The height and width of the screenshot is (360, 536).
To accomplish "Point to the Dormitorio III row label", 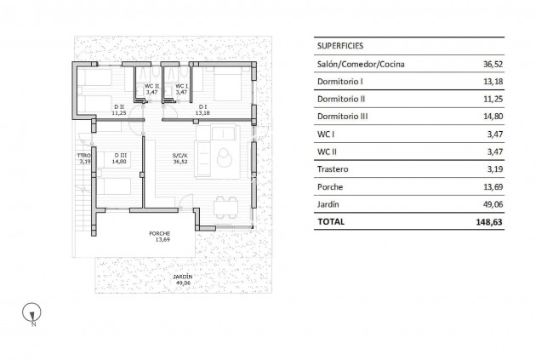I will pyautogui.click(x=344, y=117).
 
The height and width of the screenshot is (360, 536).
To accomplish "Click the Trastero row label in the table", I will pyautogui.click(x=334, y=169).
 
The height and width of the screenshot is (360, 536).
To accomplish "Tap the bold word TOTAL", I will pyautogui.click(x=331, y=222).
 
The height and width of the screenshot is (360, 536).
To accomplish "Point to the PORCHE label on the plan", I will pyautogui.click(x=159, y=234).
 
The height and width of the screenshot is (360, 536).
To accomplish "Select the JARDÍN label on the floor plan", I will pyautogui.click(x=182, y=277).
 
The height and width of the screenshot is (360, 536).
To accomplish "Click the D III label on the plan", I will pyautogui.click(x=119, y=155).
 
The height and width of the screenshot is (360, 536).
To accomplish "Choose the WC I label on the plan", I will pyautogui.click(x=181, y=86).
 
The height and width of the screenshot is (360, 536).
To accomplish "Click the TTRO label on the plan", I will pyautogui.click(x=84, y=156).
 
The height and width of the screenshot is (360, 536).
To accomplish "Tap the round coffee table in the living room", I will pyautogui.click(x=225, y=157).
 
